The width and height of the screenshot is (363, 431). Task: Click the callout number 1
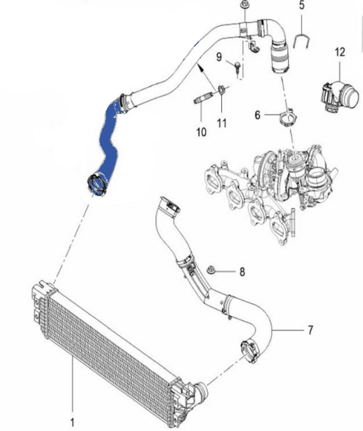72,421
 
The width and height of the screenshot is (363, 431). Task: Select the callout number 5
302,6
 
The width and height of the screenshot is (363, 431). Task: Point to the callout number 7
310,330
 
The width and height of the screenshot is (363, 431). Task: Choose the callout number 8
242,272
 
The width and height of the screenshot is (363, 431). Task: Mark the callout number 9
219,56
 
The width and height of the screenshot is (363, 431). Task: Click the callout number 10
201,131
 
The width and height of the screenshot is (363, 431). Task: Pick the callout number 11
222,123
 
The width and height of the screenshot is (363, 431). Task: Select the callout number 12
340,52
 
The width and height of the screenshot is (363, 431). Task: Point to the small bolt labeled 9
237,66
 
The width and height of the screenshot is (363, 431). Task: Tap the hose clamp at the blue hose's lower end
97,184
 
